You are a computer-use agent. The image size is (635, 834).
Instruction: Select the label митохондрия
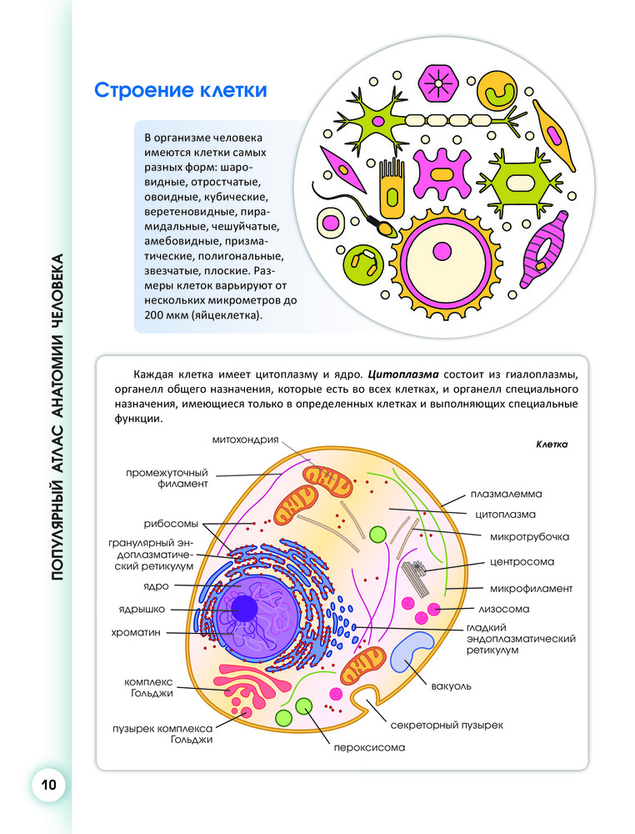pos(244,440)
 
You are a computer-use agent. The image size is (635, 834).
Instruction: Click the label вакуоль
pos(452,686)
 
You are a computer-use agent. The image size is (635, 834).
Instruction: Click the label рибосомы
pos(170,525)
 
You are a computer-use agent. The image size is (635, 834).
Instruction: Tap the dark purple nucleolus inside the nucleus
pos(245,610)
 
